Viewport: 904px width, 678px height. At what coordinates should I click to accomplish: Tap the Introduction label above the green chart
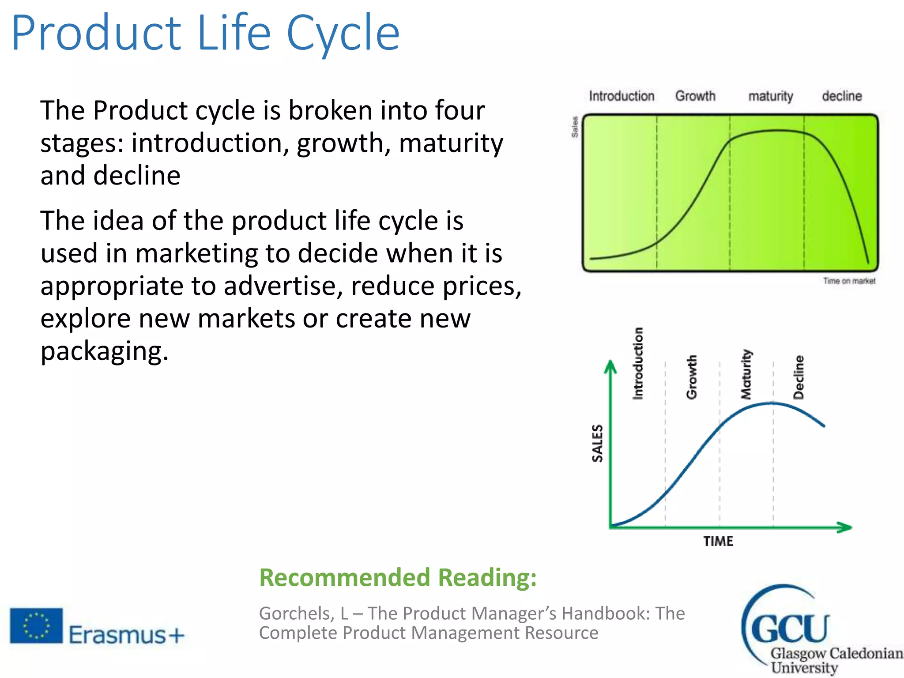[x=621, y=96]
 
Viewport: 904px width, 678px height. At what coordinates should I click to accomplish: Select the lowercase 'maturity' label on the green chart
[x=770, y=96]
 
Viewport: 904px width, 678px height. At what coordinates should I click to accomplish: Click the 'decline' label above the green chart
[x=841, y=96]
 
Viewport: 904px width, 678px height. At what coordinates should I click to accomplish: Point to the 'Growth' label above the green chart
[x=695, y=96]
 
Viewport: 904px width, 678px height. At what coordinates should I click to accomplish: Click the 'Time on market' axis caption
[x=849, y=281]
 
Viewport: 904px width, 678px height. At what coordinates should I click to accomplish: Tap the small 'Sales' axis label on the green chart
[x=575, y=127]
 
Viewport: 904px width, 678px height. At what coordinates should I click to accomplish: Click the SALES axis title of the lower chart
[x=597, y=443]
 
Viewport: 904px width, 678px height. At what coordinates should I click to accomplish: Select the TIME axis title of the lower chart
[x=718, y=541]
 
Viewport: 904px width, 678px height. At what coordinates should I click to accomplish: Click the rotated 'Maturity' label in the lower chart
[x=746, y=374]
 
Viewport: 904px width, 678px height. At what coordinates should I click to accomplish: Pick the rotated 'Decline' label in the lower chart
[x=799, y=377]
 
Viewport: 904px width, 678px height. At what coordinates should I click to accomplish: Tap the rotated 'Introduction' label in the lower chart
[x=638, y=363]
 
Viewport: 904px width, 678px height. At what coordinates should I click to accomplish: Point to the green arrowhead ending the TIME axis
[x=844, y=527]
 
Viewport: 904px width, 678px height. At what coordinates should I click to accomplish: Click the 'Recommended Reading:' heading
[x=398, y=577]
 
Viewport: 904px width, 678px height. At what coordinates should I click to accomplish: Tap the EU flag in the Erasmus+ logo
[x=37, y=625]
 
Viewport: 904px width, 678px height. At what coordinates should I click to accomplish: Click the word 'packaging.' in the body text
[x=105, y=351]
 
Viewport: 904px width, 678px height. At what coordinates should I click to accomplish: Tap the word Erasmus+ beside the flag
[x=126, y=635]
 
